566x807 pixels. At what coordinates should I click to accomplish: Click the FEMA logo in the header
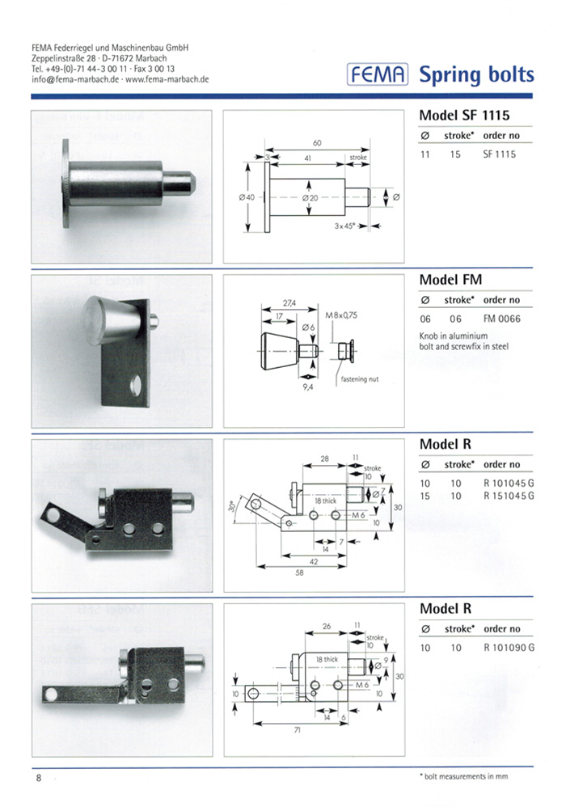pos(378,74)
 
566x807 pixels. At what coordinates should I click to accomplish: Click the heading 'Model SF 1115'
pos(464,116)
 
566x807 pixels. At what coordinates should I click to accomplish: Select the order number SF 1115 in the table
pos(499,154)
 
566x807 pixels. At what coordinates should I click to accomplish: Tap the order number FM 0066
pos(501,319)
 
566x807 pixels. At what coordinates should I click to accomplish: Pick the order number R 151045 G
pos(509,496)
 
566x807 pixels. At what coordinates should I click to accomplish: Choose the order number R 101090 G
pos(509,648)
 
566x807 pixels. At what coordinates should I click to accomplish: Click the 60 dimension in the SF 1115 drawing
pos(317,142)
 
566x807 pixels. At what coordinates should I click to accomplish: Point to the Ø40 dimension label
pos(247,197)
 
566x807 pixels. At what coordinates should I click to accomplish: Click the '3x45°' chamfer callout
pos(344,226)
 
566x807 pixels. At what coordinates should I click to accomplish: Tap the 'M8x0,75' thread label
pos(341,315)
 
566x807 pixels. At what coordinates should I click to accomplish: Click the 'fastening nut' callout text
pos(359,378)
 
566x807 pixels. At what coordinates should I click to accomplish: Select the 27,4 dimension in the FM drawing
pos(289,304)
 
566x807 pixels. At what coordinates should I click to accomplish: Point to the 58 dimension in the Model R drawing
pos(299,573)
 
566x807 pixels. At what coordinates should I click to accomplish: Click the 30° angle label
pos(231,506)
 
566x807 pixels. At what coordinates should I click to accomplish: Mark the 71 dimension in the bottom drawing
pos(297,730)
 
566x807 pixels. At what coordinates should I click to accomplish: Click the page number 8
pos(39,778)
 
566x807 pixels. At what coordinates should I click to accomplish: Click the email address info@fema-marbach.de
pos(75,79)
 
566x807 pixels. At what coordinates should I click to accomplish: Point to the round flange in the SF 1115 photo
pos(66,183)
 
